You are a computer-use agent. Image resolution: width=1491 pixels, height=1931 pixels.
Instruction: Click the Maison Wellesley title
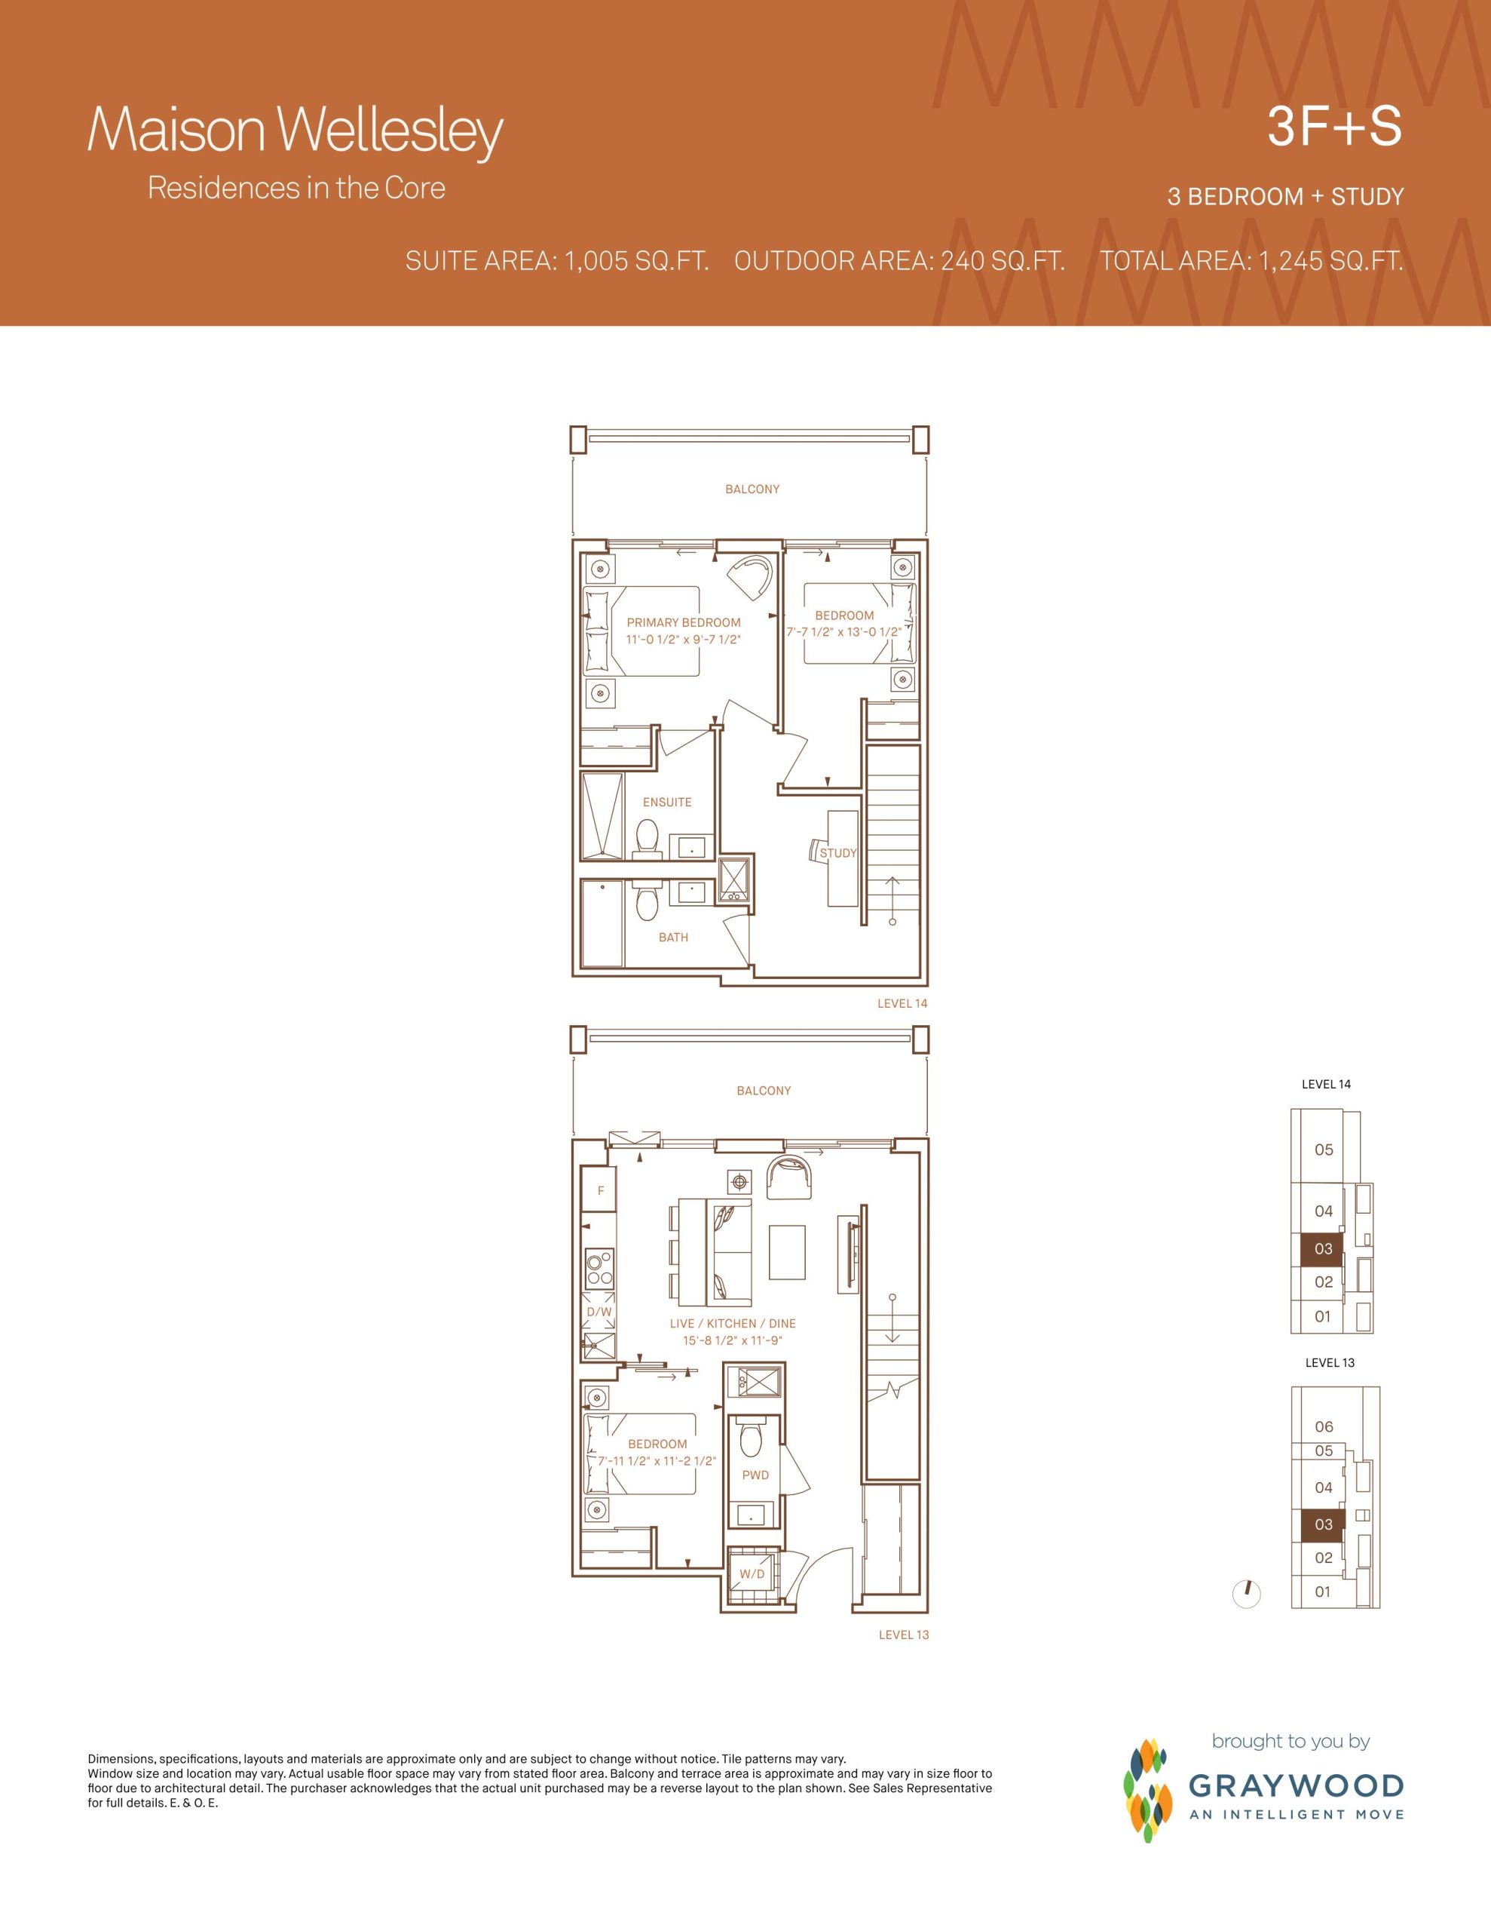tap(295, 130)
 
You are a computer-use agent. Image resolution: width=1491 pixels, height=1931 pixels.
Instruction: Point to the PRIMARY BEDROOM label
tap(683, 622)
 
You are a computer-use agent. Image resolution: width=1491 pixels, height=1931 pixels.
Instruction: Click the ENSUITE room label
tap(667, 802)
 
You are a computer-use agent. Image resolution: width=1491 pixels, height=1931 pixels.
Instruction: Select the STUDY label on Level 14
tap(838, 853)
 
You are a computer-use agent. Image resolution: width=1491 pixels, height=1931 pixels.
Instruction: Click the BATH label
tap(673, 937)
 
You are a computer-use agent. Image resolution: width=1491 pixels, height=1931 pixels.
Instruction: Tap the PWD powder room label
tap(755, 1475)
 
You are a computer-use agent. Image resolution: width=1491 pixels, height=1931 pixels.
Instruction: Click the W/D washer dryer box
tap(752, 1573)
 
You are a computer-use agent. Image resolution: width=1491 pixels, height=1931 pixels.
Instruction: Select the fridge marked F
tap(600, 1190)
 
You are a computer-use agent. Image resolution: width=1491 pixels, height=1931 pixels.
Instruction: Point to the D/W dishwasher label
tap(599, 1312)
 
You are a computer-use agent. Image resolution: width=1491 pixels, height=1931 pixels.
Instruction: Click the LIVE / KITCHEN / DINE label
tap(733, 1324)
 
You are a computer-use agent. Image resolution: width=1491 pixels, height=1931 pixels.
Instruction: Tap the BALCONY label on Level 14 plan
tap(752, 489)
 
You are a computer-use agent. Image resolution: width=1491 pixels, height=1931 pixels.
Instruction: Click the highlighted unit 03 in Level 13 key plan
tap(1323, 1524)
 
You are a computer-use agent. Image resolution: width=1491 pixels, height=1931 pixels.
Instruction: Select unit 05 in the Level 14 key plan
tap(1323, 1150)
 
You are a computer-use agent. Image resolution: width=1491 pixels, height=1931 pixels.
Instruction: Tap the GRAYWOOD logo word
tap(1297, 1785)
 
